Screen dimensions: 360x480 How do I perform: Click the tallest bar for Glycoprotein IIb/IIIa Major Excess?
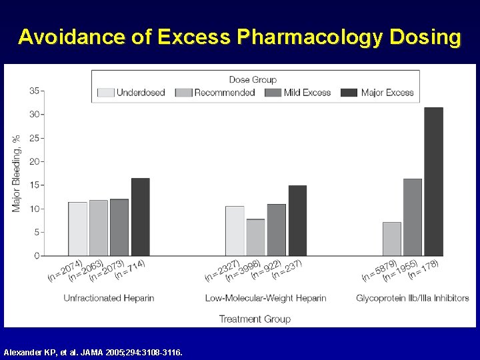(433, 181)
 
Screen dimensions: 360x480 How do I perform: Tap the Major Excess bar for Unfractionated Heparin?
(140, 217)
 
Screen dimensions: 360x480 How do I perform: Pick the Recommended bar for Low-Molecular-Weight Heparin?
(255, 237)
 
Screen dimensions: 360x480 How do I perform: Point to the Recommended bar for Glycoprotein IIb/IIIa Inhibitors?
(391, 239)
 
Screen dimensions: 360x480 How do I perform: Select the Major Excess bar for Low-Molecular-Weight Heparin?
(297, 221)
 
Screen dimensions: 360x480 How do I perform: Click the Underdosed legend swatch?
(106, 93)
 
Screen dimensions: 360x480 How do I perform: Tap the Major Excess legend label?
(387, 93)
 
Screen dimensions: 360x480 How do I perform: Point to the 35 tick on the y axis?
(35, 91)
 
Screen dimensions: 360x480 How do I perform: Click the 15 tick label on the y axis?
(35, 185)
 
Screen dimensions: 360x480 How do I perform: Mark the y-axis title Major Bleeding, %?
(17, 173)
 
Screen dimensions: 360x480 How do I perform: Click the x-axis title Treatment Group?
(255, 319)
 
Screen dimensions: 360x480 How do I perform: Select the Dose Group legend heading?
(253, 79)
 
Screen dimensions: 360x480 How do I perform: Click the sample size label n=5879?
(380, 269)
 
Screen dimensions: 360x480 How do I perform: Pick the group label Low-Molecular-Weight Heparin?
(265, 298)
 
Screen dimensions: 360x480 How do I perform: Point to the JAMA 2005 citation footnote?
(93, 351)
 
